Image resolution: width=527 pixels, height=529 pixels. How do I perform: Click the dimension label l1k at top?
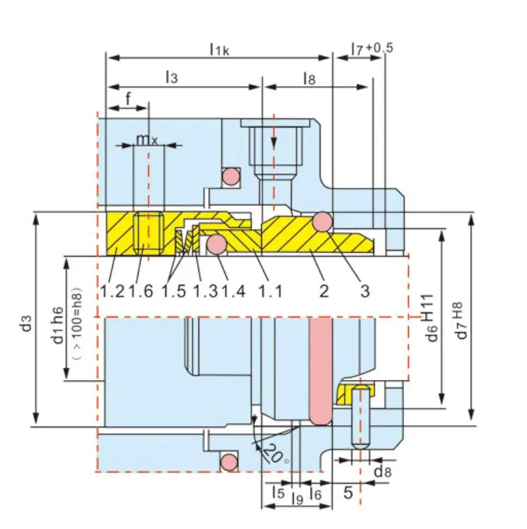tap(219, 49)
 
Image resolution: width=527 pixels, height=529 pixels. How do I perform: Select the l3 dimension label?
tap(171, 77)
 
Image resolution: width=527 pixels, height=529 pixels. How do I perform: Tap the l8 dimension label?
tap(309, 79)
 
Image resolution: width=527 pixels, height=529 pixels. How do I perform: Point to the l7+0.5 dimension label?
tap(372, 48)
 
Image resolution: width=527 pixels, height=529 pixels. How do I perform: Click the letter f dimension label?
tap(128, 99)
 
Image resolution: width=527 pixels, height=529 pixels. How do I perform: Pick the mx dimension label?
tap(147, 139)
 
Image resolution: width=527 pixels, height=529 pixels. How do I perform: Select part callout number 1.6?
tap(141, 290)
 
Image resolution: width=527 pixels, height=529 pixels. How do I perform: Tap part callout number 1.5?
tap(174, 290)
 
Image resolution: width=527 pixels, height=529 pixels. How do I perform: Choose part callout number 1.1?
tap(270, 290)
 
